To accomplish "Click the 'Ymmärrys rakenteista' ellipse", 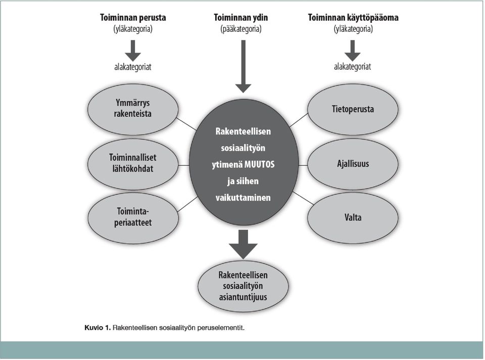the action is tap(133, 109).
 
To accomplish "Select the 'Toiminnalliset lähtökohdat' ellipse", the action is tap(133, 164).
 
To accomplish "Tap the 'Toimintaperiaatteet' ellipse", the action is tap(133, 218).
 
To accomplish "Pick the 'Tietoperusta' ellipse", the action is tap(353, 109).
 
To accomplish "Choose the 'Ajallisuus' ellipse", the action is tap(353, 164).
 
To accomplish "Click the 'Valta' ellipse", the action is tap(353, 217).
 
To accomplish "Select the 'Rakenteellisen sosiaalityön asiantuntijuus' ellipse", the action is tap(243, 286).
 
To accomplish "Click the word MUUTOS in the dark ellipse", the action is tap(259, 164).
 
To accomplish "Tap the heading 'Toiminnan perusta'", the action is tap(133, 18).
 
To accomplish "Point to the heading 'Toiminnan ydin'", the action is tap(241, 18).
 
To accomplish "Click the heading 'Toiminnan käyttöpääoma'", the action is tap(353, 18).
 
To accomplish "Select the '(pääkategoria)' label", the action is tap(241, 29).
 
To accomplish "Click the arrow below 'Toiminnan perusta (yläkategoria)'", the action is tap(133, 51).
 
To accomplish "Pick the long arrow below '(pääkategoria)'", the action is tap(243, 67).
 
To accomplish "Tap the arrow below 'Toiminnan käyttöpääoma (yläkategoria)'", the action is tap(352, 51).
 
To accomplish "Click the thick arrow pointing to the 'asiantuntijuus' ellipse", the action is tap(243, 244).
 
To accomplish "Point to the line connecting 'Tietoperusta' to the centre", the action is tap(299, 120).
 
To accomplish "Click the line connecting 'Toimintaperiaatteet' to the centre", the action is tap(187, 204).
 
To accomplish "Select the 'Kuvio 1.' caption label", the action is tap(98, 328).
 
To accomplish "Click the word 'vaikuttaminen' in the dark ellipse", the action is tap(243, 198).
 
